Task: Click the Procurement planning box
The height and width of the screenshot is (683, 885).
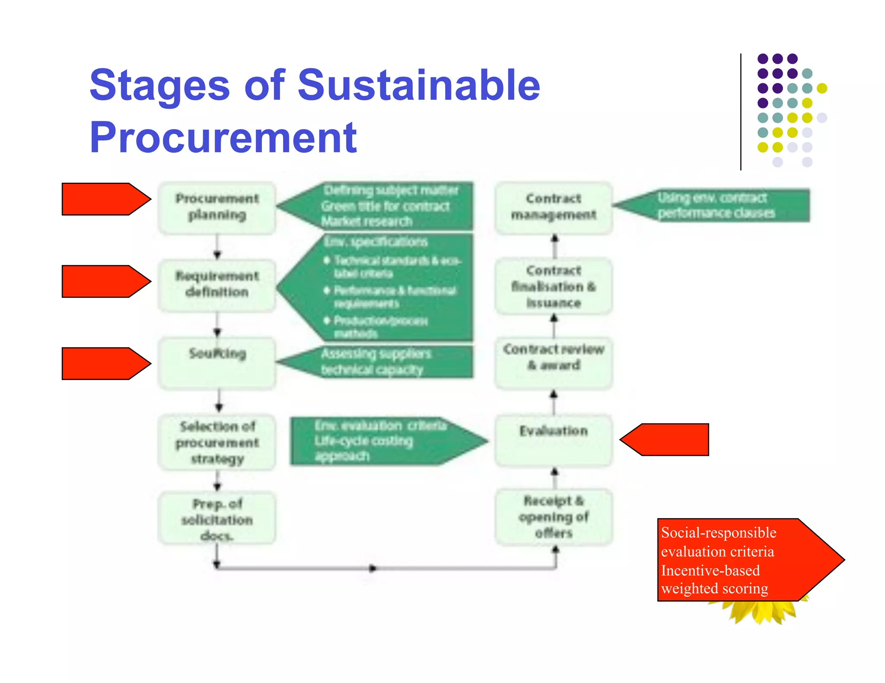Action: tap(217, 208)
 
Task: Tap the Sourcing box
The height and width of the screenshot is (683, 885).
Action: tap(217, 363)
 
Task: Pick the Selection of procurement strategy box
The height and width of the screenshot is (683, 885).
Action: tap(217, 443)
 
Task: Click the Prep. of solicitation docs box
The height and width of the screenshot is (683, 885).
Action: tap(217, 519)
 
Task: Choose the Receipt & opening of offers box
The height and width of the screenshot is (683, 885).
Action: tap(554, 517)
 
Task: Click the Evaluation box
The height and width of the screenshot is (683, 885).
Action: tap(554, 440)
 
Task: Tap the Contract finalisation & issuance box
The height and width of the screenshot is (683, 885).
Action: tap(554, 286)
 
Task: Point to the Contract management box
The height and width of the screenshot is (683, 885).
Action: tap(554, 208)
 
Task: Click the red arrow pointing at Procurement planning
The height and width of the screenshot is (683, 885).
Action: tap(104, 199)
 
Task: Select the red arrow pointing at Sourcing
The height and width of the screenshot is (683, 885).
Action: tap(104, 364)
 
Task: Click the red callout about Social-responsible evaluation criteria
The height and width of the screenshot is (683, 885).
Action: tap(735, 560)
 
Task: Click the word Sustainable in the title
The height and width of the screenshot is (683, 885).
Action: tap(419, 85)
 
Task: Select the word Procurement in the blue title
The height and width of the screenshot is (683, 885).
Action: tap(223, 137)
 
